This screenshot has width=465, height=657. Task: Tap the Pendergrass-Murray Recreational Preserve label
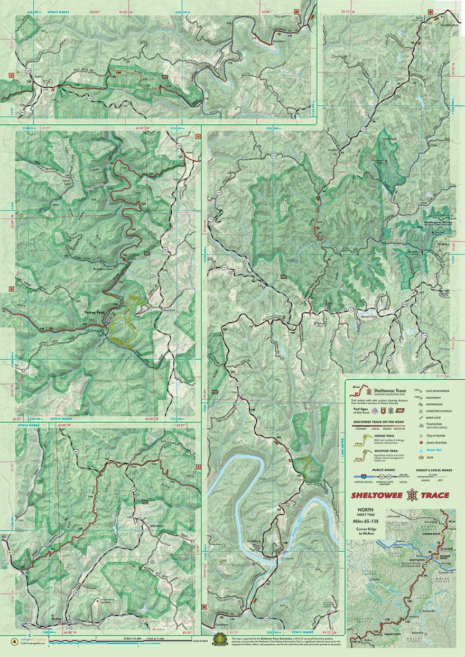(436, 223)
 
